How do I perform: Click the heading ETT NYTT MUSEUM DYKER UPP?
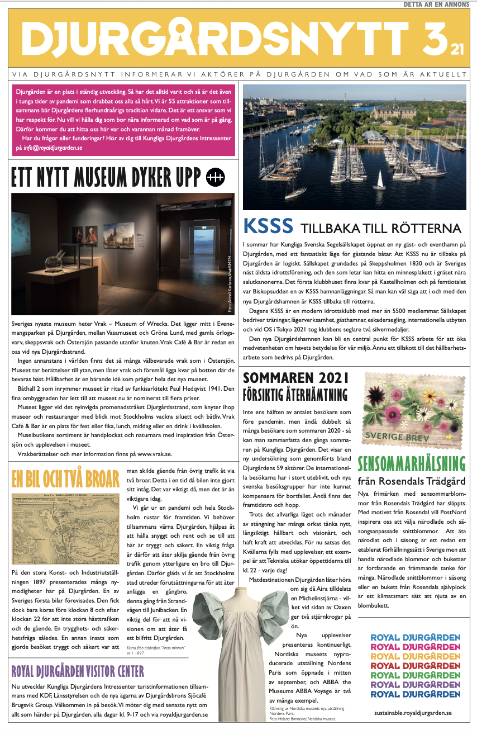106,178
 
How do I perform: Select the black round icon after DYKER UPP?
215,177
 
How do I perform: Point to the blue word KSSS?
268,226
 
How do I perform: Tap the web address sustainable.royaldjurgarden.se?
413,713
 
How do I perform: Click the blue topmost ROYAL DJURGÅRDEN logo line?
416,638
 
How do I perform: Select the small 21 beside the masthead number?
457,50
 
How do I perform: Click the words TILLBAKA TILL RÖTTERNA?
381,229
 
